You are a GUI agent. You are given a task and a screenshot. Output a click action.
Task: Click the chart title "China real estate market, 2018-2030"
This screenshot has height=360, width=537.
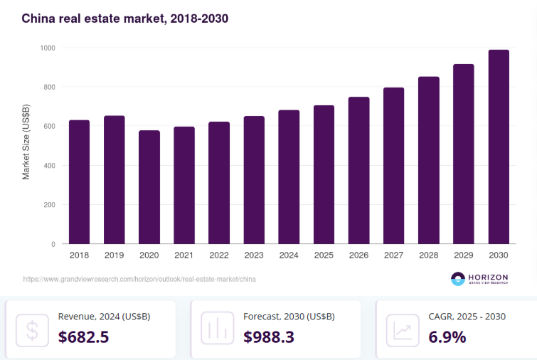(124, 18)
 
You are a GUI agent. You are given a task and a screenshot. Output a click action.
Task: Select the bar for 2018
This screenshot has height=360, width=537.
(79, 182)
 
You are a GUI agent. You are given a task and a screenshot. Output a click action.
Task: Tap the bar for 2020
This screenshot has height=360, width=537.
(149, 187)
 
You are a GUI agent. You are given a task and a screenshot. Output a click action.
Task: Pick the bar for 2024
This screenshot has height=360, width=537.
(289, 177)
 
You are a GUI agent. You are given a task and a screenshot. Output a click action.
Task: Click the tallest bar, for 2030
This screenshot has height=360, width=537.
(499, 147)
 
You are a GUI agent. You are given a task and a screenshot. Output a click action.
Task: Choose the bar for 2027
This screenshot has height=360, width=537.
(393, 166)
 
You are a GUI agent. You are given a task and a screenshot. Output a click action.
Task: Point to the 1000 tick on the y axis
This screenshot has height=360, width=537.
(48, 48)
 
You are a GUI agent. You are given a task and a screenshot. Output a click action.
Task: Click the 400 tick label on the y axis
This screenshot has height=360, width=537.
(49, 166)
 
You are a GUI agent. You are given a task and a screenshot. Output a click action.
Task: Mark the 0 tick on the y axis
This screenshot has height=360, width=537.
(53, 244)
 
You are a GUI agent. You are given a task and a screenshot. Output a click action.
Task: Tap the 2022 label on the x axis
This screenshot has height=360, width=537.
(219, 255)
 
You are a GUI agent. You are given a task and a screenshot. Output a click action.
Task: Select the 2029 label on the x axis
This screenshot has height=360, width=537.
(464, 255)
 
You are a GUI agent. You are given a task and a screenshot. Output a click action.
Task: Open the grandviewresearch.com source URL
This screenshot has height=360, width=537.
(139, 280)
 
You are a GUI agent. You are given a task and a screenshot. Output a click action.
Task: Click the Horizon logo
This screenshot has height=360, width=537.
(484, 279)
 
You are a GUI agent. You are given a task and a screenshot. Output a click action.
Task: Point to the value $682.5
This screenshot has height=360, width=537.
(83, 337)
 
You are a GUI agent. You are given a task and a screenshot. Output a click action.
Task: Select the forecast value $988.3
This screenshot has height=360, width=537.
(269, 337)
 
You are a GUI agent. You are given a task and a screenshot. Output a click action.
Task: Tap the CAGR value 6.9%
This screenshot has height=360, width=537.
(447, 337)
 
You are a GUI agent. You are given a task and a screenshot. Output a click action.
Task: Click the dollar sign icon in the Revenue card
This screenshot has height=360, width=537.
(32, 329)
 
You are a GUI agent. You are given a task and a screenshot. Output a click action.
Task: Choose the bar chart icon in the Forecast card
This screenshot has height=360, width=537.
(217, 329)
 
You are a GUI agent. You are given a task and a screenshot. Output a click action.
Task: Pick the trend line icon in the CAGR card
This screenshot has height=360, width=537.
(403, 329)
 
